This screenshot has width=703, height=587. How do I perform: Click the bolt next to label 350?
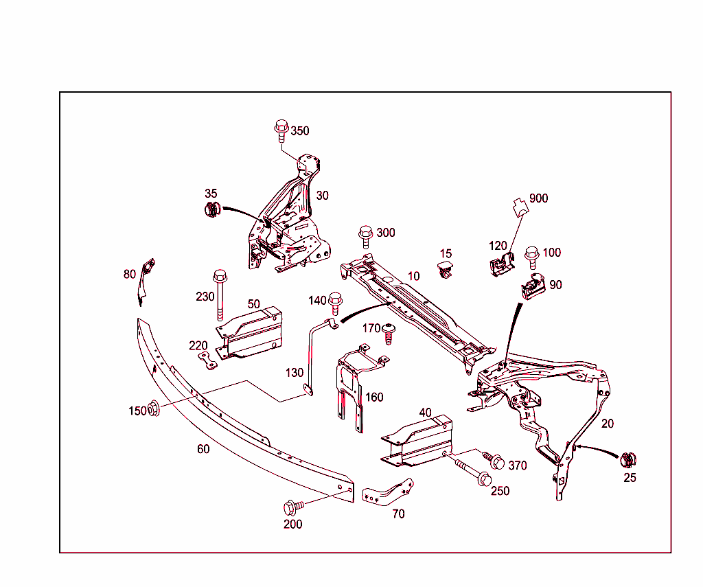280,128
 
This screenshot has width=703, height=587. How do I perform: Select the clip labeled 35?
212,209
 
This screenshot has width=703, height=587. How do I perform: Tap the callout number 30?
322,196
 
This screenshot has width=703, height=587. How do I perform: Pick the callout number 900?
539,198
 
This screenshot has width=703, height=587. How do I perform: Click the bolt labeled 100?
532,256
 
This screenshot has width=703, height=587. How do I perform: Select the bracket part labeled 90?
533,286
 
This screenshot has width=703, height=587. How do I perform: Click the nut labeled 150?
154,408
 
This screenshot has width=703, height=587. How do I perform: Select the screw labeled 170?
389,333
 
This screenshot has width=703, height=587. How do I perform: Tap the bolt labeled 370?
493,460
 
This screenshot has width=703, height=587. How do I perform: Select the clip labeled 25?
628,461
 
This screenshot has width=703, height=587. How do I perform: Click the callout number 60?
203,449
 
